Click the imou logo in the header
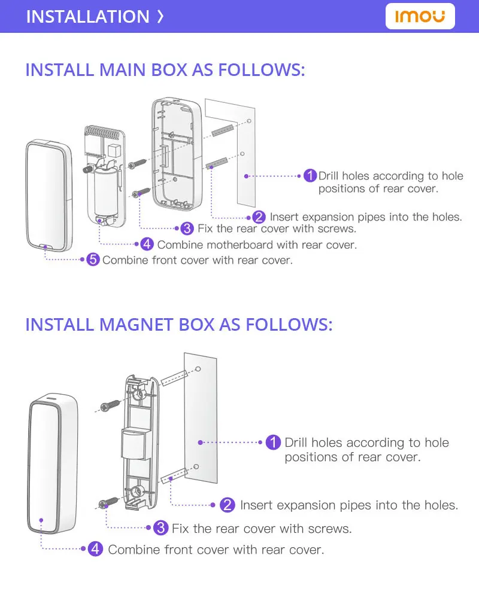point(420,16)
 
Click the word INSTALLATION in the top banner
point(87,16)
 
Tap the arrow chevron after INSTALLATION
point(160,16)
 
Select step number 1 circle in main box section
point(310,176)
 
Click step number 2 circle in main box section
point(259,216)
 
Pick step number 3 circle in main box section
point(187,228)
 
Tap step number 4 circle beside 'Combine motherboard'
point(147,244)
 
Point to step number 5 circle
point(93,260)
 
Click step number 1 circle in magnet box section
point(272,443)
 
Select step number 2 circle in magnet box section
point(228,505)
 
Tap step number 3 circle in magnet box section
point(160,528)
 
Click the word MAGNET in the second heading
point(137,325)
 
